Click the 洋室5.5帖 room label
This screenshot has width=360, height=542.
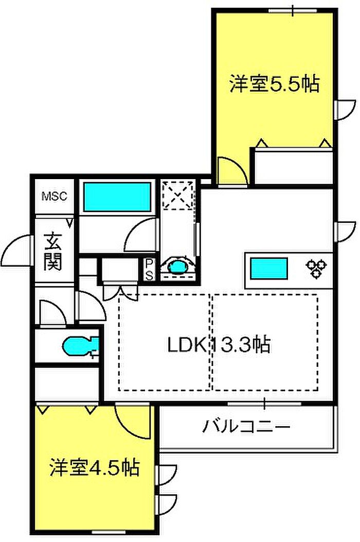[x=274, y=84]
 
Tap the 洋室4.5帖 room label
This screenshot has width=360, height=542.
[x=95, y=468]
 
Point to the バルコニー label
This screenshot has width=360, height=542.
[x=246, y=427]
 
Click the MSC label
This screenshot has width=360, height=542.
[x=54, y=196]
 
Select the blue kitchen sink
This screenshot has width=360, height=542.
[x=268, y=269]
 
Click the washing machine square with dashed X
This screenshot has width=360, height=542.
[x=177, y=196]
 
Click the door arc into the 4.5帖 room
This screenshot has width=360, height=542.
[x=133, y=421]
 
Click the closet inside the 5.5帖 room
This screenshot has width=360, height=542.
[x=292, y=166]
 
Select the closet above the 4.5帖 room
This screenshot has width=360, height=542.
[x=67, y=383]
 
